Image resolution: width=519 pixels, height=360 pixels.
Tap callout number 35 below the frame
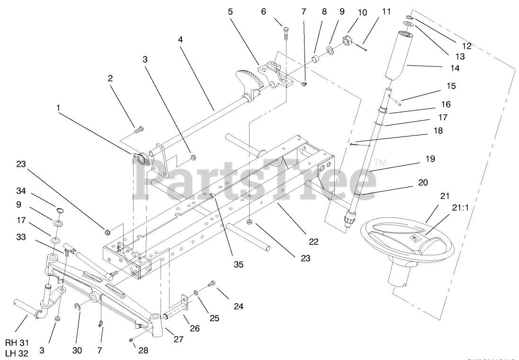[238, 264]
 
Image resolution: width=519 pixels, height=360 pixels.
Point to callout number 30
[77, 350]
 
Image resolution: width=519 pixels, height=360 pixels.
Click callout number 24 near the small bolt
[238, 306]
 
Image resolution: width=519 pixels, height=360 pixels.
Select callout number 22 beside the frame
[313, 241]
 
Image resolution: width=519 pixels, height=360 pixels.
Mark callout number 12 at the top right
[467, 46]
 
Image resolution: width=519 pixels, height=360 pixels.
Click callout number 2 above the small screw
[110, 78]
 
